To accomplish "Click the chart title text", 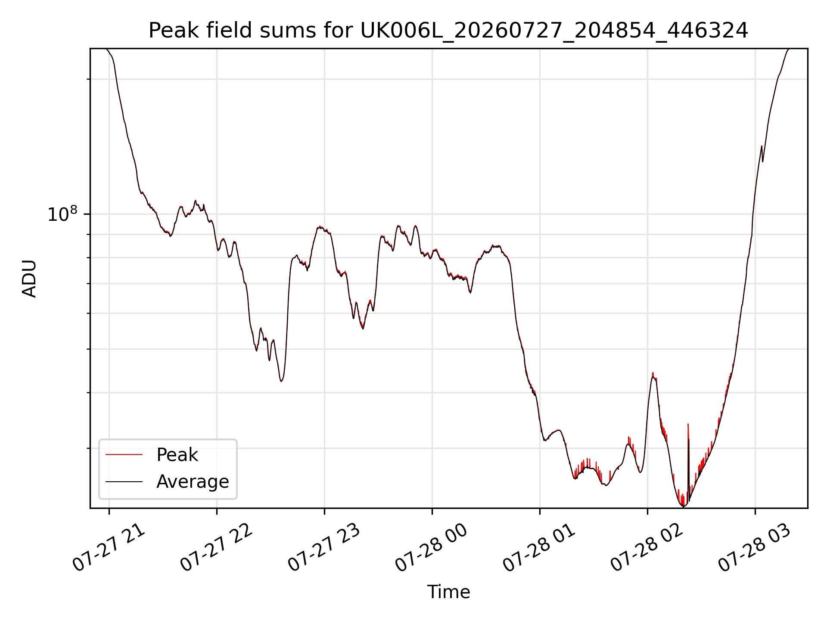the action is coord(448,31).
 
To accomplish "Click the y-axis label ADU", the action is coord(29,279).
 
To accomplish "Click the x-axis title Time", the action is coord(448,592).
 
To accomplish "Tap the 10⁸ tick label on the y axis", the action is coord(62,214).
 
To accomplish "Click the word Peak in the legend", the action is coord(177,455).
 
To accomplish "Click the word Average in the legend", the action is coord(193,482).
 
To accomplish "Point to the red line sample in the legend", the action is coord(124,455).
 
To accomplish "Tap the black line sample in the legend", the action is coord(124,481).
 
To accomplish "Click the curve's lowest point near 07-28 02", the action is coord(683,506).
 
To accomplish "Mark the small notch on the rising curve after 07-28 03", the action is coord(763,161).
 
